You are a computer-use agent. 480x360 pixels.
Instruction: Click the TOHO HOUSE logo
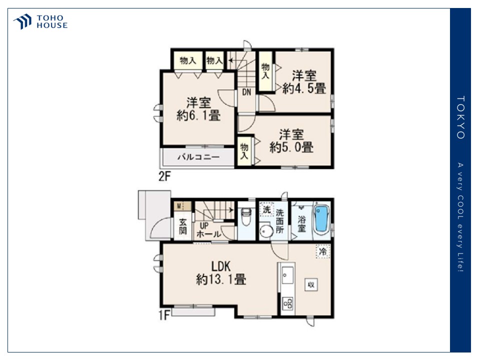pyautogui.click(x=40, y=21)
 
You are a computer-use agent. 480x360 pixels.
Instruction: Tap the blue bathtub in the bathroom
pyautogui.click(x=321, y=219)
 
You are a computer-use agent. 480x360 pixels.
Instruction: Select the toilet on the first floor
pyautogui.click(x=246, y=216)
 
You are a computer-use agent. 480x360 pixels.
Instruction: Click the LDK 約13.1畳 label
pyautogui.click(x=221, y=273)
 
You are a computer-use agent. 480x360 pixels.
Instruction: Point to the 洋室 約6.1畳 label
pyautogui.click(x=198, y=109)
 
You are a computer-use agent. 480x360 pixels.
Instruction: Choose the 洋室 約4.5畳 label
pyautogui.click(x=304, y=81)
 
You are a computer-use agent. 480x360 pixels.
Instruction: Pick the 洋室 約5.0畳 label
pyautogui.click(x=291, y=141)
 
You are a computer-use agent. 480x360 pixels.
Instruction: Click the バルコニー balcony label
pyautogui.click(x=198, y=157)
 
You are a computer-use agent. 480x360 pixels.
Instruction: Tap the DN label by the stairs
pyautogui.click(x=246, y=92)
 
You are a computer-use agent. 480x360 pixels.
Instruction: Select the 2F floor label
pyautogui.click(x=164, y=176)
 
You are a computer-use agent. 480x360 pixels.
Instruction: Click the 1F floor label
pyautogui.click(x=164, y=315)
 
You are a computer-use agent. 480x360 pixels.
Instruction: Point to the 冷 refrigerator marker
pyautogui.click(x=323, y=251)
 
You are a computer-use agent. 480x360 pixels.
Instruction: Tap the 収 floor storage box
pyautogui.click(x=311, y=284)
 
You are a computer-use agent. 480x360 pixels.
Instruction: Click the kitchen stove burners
pyautogui.click(x=288, y=303)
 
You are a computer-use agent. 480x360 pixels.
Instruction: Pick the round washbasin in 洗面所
pyautogui.click(x=266, y=231)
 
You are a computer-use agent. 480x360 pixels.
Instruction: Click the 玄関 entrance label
pyautogui.click(x=183, y=226)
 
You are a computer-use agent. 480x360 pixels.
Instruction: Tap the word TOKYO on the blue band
pyautogui.click(x=460, y=117)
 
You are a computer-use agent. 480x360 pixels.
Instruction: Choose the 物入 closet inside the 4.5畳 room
pyautogui.click(x=265, y=71)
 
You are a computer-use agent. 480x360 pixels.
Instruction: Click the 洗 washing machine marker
pyautogui.click(x=267, y=209)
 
